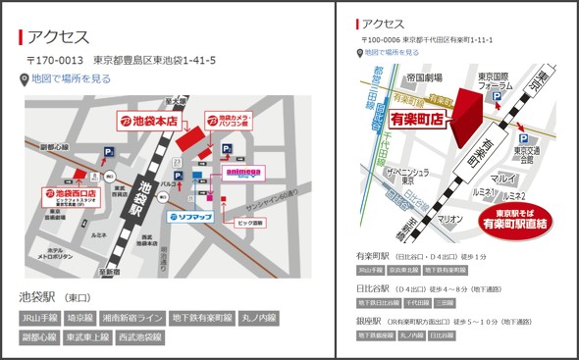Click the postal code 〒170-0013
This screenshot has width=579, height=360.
(55, 60)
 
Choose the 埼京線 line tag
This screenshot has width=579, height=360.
(79, 318)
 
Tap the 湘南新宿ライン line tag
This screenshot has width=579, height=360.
(131, 318)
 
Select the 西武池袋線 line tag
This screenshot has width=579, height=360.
(141, 337)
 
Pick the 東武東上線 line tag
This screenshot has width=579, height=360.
(86, 337)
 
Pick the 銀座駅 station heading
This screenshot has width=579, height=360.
(371, 320)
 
